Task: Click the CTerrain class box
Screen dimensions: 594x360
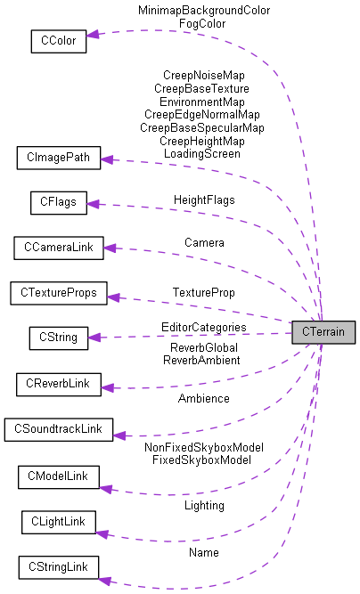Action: (324, 331)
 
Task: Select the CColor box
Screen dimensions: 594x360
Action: (58, 40)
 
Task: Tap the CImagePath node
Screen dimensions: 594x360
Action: (59, 159)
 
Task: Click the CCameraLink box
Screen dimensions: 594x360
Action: (59, 248)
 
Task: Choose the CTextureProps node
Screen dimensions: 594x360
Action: (58, 292)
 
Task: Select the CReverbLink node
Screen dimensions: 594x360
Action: (59, 385)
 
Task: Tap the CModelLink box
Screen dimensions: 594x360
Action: (59, 476)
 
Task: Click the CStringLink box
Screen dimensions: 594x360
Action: (58, 567)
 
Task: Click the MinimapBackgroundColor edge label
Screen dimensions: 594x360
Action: (204, 11)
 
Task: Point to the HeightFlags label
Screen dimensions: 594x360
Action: (204, 199)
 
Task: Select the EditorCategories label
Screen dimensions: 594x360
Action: (204, 328)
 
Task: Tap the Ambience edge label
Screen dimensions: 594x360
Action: (203, 398)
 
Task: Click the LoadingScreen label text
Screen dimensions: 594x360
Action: (201, 153)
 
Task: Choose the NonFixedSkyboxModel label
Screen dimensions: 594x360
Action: (204, 447)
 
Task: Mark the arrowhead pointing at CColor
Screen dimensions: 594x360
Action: (93, 35)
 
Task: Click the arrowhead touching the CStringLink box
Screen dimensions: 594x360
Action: (104, 581)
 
